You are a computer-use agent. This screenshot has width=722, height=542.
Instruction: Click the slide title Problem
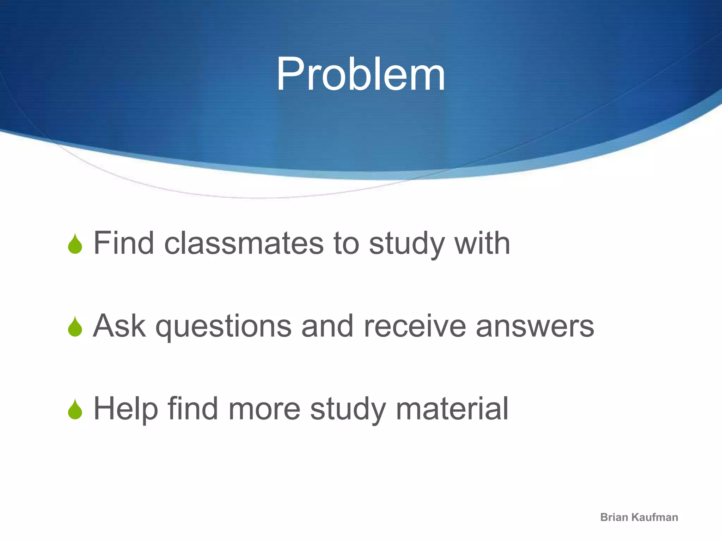[x=361, y=75]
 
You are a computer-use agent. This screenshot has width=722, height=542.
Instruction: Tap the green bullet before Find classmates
[x=75, y=244]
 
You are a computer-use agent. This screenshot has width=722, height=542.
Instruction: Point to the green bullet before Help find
[x=75, y=410]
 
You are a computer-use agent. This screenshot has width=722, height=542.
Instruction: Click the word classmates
[x=244, y=243]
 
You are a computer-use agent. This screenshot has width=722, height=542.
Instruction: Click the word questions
[x=224, y=327]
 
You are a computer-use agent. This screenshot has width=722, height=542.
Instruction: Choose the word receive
[x=415, y=326]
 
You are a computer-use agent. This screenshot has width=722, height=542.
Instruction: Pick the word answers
[x=535, y=327]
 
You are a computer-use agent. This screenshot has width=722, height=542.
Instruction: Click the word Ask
[x=119, y=326]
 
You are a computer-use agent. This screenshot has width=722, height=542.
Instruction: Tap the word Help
[x=126, y=409]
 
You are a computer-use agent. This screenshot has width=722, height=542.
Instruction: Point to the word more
[x=264, y=409]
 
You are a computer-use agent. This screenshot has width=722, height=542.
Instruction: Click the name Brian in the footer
[x=615, y=517]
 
